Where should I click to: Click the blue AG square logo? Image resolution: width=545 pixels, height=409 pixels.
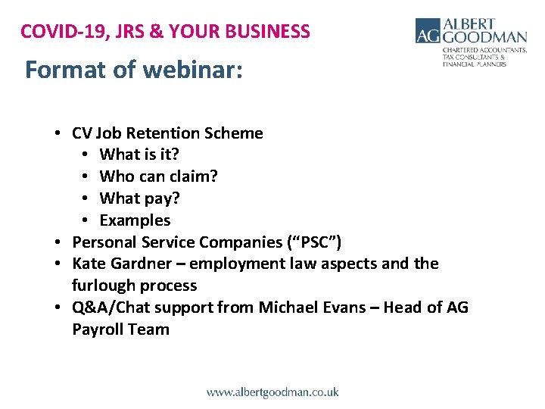coord(428,30)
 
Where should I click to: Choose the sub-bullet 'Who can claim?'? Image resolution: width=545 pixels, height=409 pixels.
coord(159,176)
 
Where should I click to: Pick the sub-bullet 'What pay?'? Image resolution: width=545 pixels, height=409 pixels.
coord(140,198)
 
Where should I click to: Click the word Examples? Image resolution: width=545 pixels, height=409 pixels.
coord(135,220)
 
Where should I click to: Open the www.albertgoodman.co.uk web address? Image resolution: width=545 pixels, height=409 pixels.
coord(272,392)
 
